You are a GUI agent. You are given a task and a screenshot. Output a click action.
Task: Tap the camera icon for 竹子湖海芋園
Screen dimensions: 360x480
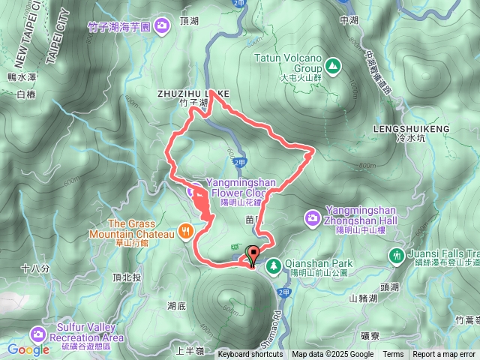coord(163,27)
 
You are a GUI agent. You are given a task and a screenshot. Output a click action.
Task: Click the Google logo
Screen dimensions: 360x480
coord(28,349)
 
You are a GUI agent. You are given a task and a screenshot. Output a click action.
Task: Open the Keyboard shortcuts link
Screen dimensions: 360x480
coord(250,355)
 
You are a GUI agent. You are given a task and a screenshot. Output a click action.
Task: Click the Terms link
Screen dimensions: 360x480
coord(393,355)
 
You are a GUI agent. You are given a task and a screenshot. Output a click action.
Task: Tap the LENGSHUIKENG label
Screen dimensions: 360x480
coord(410,129)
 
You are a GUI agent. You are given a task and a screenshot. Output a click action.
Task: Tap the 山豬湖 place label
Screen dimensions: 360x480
coord(364,298)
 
